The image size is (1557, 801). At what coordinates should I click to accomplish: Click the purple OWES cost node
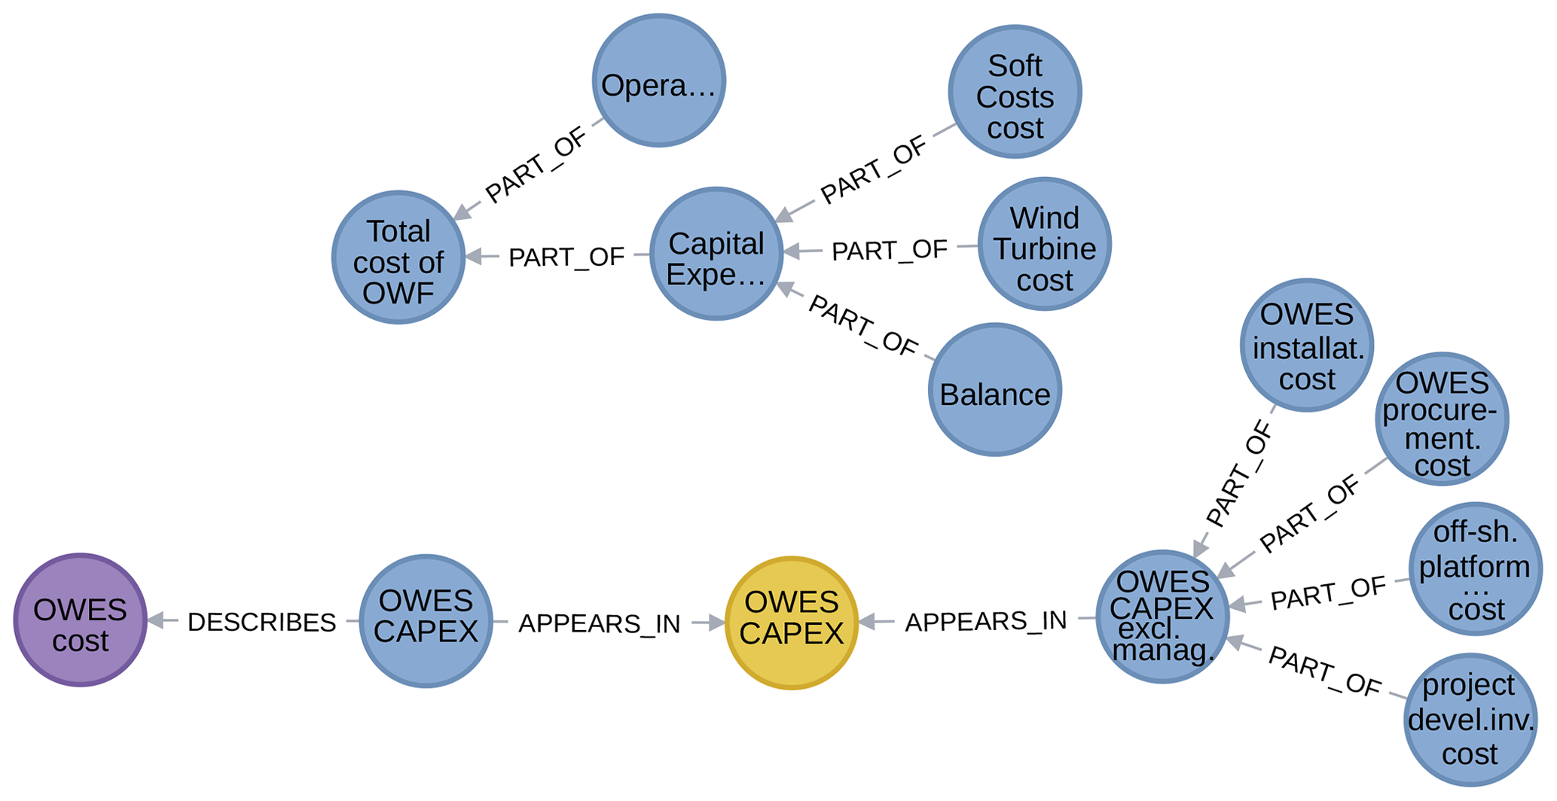coord(80,620)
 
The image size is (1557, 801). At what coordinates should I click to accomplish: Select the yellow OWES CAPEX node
coord(791,623)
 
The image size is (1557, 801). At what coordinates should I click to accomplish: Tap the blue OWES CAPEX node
coord(426,621)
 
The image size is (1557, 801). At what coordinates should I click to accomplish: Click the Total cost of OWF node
coord(398,257)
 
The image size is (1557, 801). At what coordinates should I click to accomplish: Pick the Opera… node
coord(658,81)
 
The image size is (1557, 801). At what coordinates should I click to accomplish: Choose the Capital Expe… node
coord(716,254)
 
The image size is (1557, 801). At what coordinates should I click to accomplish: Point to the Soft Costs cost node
coord(1015,92)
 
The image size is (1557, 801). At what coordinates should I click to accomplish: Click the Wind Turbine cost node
coord(1044,244)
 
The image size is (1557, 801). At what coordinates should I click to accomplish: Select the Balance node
coord(994,389)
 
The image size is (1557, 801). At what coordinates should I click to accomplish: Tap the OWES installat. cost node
coord(1306,345)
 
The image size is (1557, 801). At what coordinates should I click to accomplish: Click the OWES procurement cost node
coord(1442,419)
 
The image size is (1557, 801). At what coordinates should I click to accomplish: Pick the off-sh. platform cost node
coord(1475,569)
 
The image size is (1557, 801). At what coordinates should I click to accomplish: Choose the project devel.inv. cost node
coord(1470,719)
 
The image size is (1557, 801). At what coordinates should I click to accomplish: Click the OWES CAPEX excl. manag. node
coord(1162,617)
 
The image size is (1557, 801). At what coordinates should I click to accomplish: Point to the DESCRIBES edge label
coord(261,622)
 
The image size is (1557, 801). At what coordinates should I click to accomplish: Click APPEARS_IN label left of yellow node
coord(599,623)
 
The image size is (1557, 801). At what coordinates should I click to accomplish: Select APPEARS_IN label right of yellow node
coord(985,621)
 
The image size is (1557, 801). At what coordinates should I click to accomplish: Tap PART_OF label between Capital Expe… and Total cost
coord(566,257)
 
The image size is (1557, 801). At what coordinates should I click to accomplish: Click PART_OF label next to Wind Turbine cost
coord(889,251)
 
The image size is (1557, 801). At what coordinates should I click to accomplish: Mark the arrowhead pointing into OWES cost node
coord(155,620)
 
